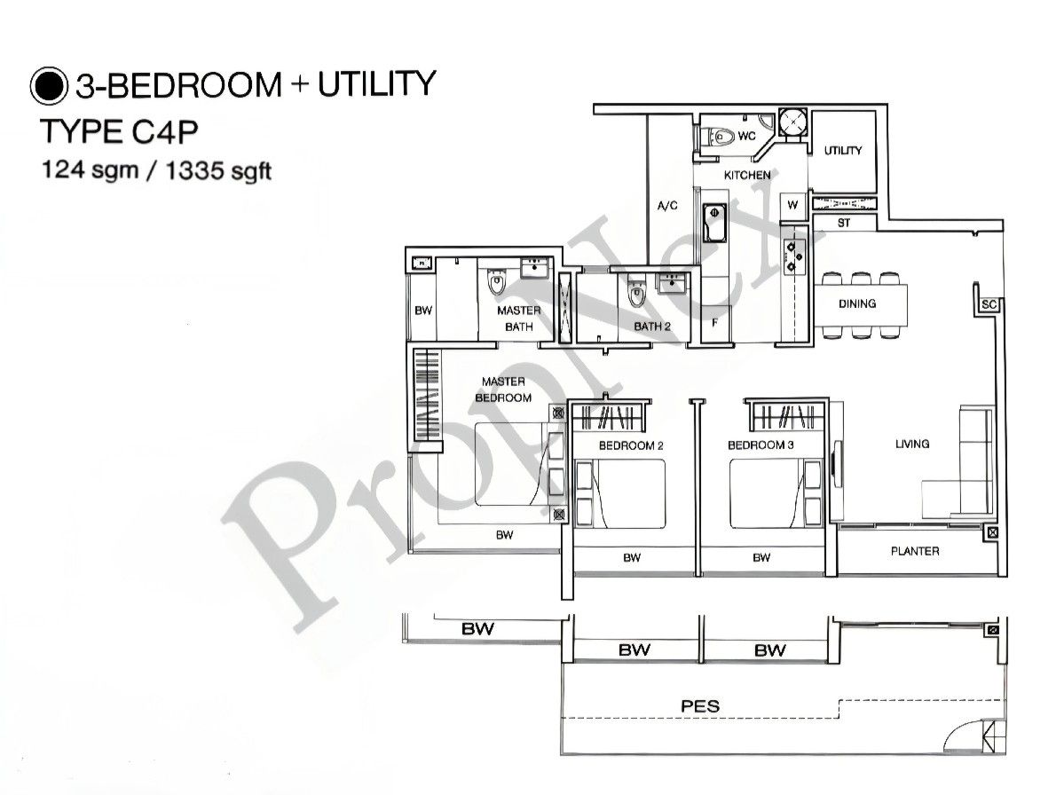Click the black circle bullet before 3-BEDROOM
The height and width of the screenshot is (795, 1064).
coord(49,85)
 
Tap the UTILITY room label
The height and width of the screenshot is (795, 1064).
coord(842,151)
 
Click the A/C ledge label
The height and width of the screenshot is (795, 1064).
coord(666,206)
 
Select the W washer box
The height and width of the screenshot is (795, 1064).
coord(792,205)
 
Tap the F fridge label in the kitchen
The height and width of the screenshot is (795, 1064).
coord(714,323)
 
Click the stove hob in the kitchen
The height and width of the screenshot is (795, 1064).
coord(793,253)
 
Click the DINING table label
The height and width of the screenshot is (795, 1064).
coord(856,303)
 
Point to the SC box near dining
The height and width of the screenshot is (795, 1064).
coord(989,304)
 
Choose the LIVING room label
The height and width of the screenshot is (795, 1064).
coord(911,444)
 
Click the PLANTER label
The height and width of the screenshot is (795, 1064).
coord(914,551)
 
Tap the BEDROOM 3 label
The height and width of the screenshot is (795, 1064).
coord(761,445)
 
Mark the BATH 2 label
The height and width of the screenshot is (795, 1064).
coord(651,327)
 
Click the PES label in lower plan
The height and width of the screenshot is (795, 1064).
coord(699,707)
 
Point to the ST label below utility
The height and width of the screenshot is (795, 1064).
coord(843,224)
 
